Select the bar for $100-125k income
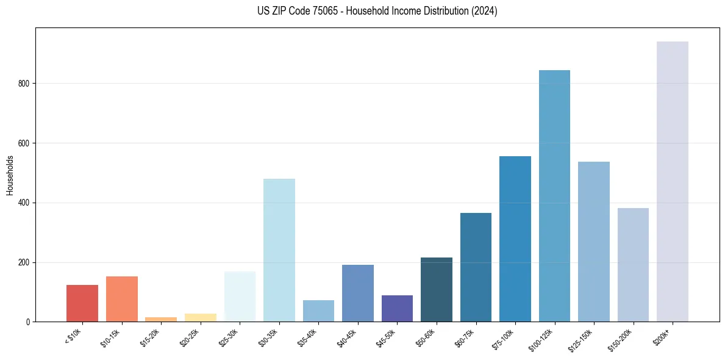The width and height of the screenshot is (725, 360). point(554,196)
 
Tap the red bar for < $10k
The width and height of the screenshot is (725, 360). point(82,303)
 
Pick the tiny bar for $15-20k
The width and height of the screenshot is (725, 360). point(161,319)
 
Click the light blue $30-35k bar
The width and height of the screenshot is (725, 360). point(279,250)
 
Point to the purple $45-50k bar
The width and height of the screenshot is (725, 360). point(397,309)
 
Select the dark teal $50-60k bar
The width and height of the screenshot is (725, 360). point(436,290)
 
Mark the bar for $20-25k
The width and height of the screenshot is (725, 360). point(200,317)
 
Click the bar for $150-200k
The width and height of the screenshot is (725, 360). point(633,265)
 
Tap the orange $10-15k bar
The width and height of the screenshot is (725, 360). point(121,299)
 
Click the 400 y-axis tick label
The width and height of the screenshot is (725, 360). point(24,203)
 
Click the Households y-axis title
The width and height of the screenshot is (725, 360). point(10,175)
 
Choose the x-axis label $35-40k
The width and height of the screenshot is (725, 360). point(309,337)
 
